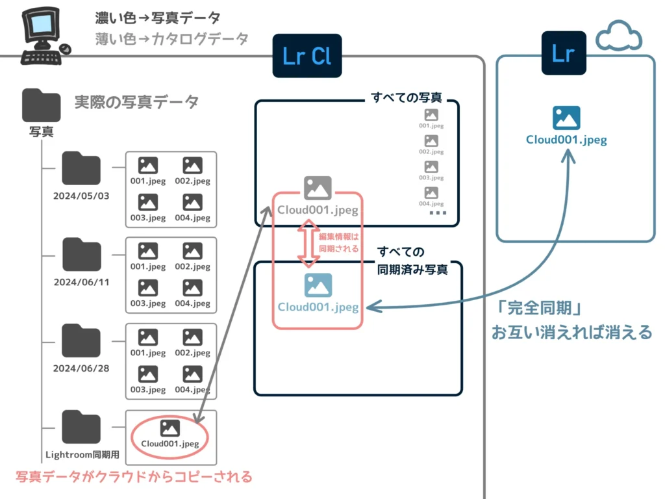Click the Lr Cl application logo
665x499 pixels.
click(307, 56)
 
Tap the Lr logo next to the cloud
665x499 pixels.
click(564, 53)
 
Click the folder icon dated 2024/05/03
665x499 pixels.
click(81, 169)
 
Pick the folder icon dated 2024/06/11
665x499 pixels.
click(81, 255)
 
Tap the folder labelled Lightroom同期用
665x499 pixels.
click(81, 427)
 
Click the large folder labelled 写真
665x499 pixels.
click(41, 105)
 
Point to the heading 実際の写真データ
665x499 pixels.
click(136, 102)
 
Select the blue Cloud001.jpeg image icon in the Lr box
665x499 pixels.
click(566, 118)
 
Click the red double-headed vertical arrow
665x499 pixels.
click(308, 244)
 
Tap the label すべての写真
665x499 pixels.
click(407, 98)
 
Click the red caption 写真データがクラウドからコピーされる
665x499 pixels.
click(133, 477)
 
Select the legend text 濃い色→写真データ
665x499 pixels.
click(157, 18)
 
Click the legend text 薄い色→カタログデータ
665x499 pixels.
click(171, 39)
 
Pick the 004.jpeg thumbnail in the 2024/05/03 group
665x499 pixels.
click(192, 208)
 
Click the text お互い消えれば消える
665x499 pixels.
click(571, 332)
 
